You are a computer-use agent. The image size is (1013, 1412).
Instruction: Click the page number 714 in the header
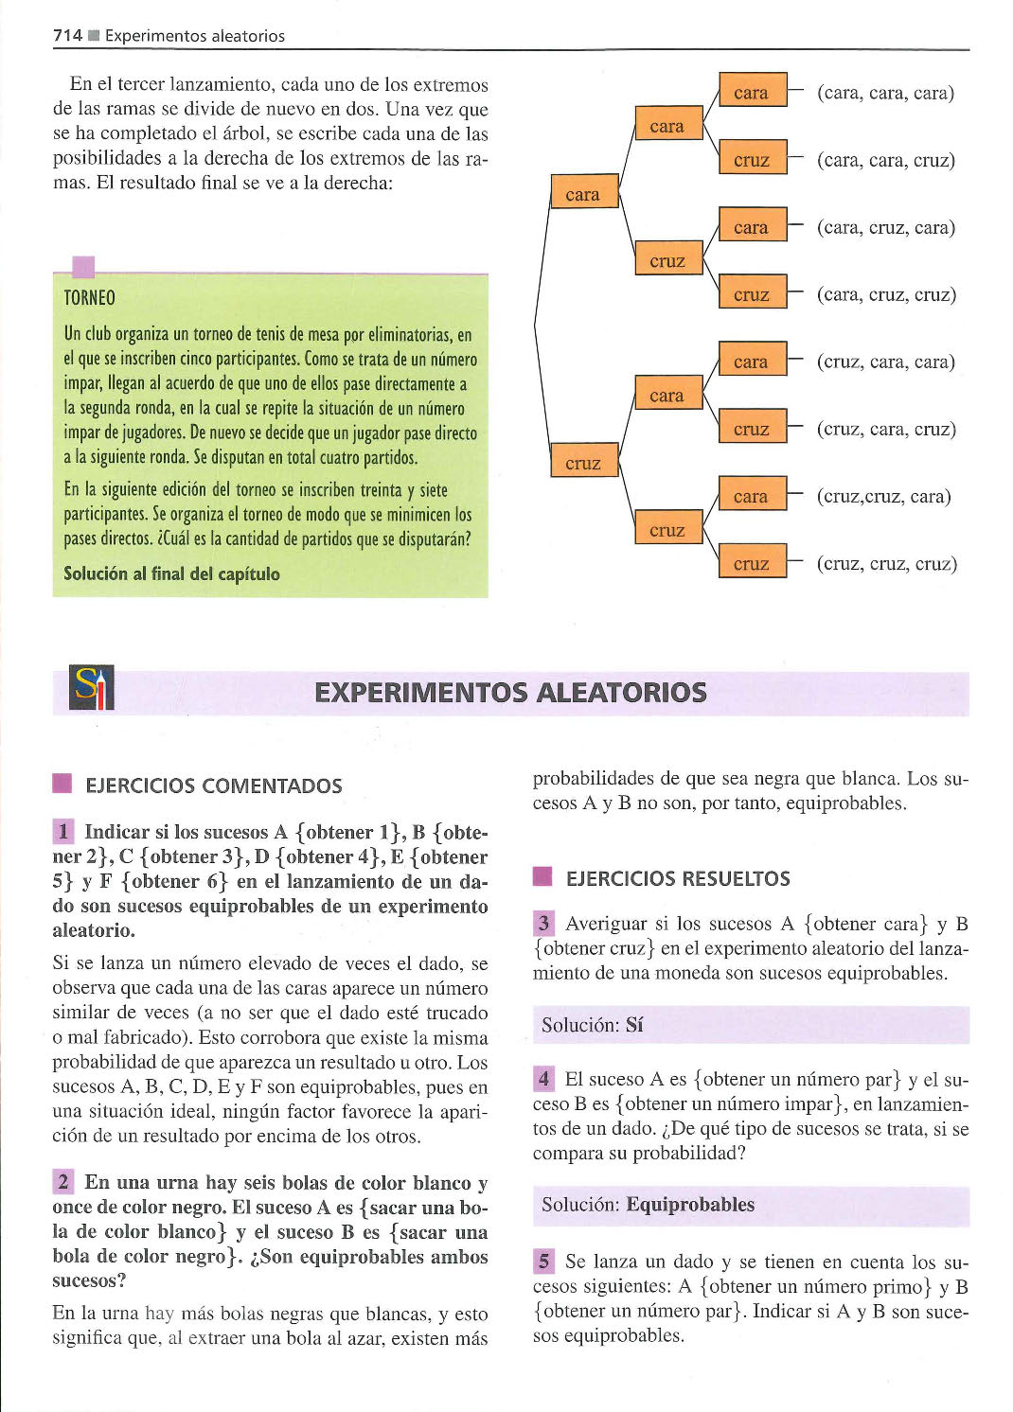(x=67, y=36)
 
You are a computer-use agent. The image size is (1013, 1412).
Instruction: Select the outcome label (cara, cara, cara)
(x=885, y=94)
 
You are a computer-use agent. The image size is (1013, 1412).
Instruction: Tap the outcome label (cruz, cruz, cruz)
(x=887, y=563)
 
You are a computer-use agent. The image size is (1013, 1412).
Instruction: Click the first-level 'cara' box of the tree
(x=585, y=191)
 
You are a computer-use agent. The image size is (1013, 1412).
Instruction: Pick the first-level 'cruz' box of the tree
(x=585, y=460)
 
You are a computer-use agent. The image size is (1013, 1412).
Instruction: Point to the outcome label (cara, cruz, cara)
(x=886, y=227)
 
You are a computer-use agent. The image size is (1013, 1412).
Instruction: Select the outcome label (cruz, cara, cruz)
(x=886, y=430)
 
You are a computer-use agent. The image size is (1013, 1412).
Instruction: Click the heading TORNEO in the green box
(x=90, y=297)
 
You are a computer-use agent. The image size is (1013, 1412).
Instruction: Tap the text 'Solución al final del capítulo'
(x=171, y=574)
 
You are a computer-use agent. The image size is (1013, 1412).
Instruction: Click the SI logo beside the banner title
(x=92, y=687)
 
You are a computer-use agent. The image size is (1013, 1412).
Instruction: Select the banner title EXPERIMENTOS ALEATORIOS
(x=510, y=693)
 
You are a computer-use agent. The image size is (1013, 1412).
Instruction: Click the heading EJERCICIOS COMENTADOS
(x=213, y=785)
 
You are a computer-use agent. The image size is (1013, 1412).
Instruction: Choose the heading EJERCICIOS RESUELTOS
(x=678, y=879)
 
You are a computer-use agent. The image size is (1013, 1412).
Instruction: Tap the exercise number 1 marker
(x=63, y=832)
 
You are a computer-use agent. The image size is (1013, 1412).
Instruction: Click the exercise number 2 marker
(x=63, y=1182)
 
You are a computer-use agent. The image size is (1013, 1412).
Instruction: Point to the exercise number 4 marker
(x=543, y=1079)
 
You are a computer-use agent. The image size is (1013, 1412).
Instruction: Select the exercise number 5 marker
(x=543, y=1262)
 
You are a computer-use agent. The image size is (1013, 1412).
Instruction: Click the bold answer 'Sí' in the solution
(x=634, y=1025)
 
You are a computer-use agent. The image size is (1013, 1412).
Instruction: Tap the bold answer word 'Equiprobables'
(x=690, y=1205)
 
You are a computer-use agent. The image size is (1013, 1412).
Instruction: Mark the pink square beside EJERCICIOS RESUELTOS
(x=542, y=877)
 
